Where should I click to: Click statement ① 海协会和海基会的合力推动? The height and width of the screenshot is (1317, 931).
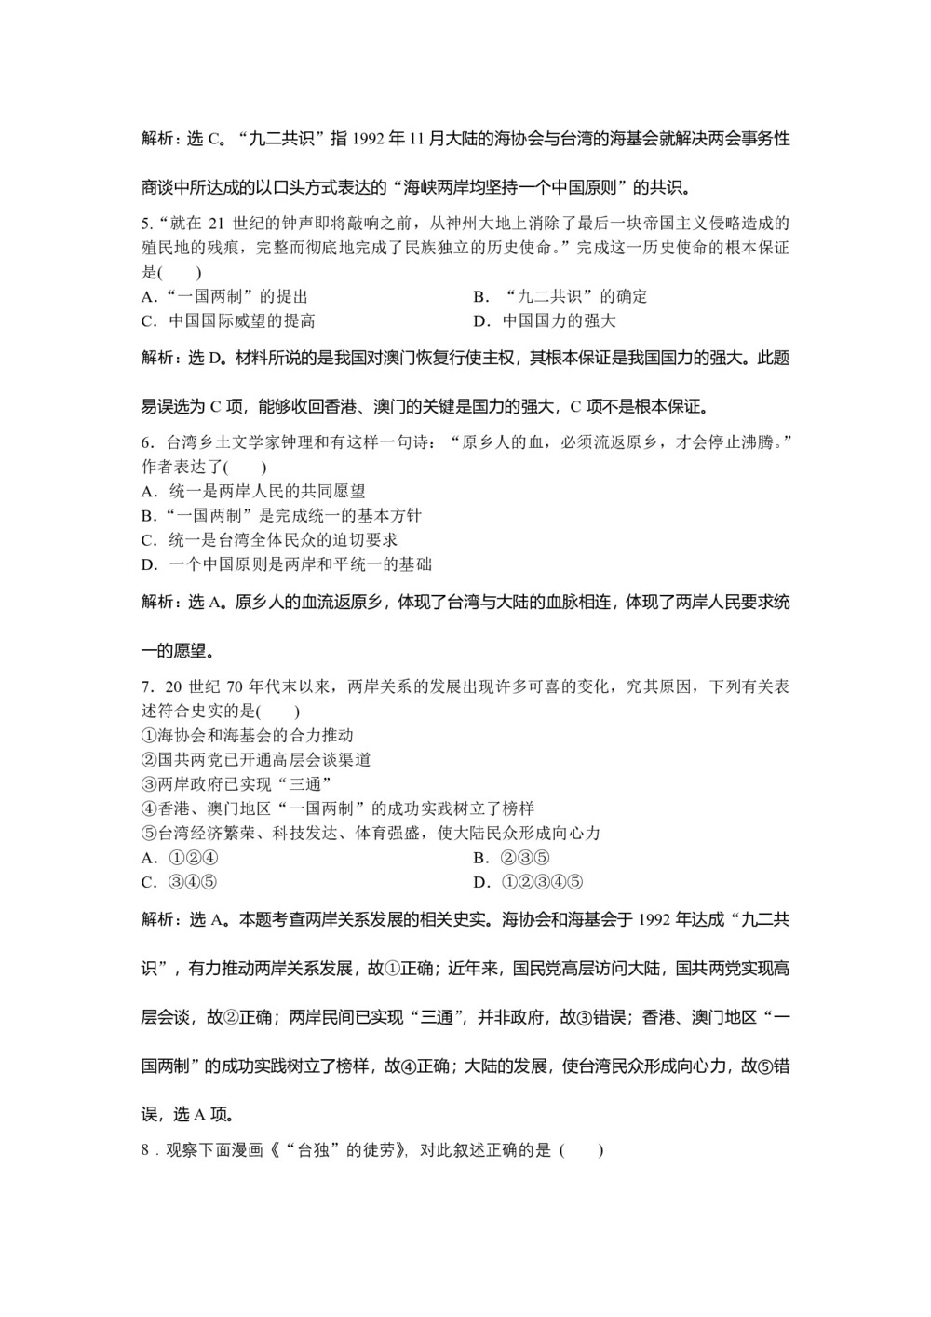(247, 736)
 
